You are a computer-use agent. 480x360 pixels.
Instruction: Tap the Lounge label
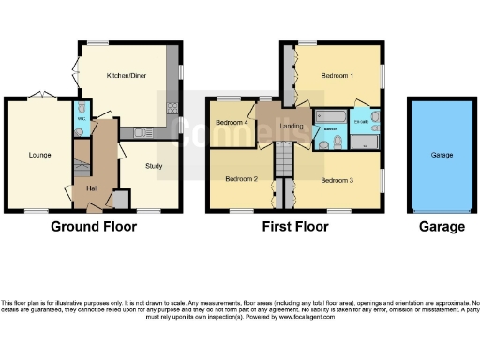click(38, 155)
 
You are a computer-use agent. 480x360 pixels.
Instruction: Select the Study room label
click(153, 166)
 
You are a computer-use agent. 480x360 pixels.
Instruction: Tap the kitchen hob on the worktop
click(172, 109)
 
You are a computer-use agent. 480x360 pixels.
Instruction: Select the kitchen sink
click(139, 132)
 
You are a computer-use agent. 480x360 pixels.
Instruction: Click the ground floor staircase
click(82, 169)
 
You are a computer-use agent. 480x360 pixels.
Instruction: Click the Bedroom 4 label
click(231, 123)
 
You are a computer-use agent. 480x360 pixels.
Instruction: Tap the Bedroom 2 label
click(241, 178)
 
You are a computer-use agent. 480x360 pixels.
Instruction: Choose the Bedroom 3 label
click(337, 178)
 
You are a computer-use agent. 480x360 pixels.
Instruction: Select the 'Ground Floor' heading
click(93, 227)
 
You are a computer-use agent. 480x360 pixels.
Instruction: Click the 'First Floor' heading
click(295, 227)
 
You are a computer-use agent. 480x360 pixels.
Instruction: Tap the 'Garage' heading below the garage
click(441, 227)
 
